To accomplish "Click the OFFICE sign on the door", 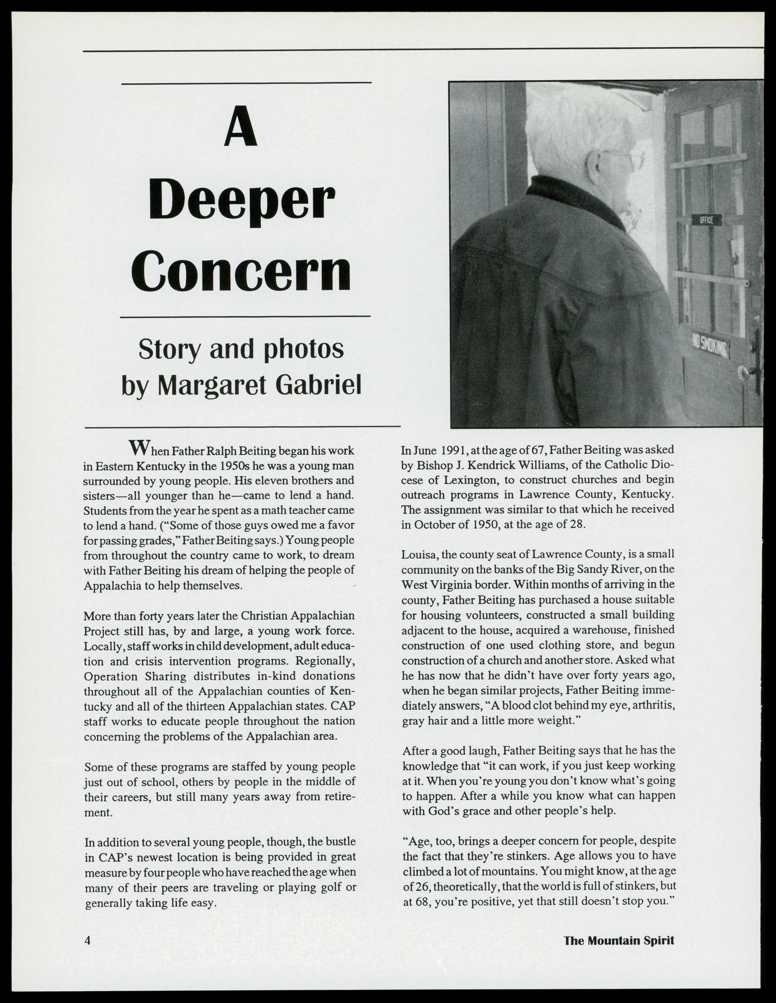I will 707,220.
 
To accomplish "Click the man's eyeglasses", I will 632,158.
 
